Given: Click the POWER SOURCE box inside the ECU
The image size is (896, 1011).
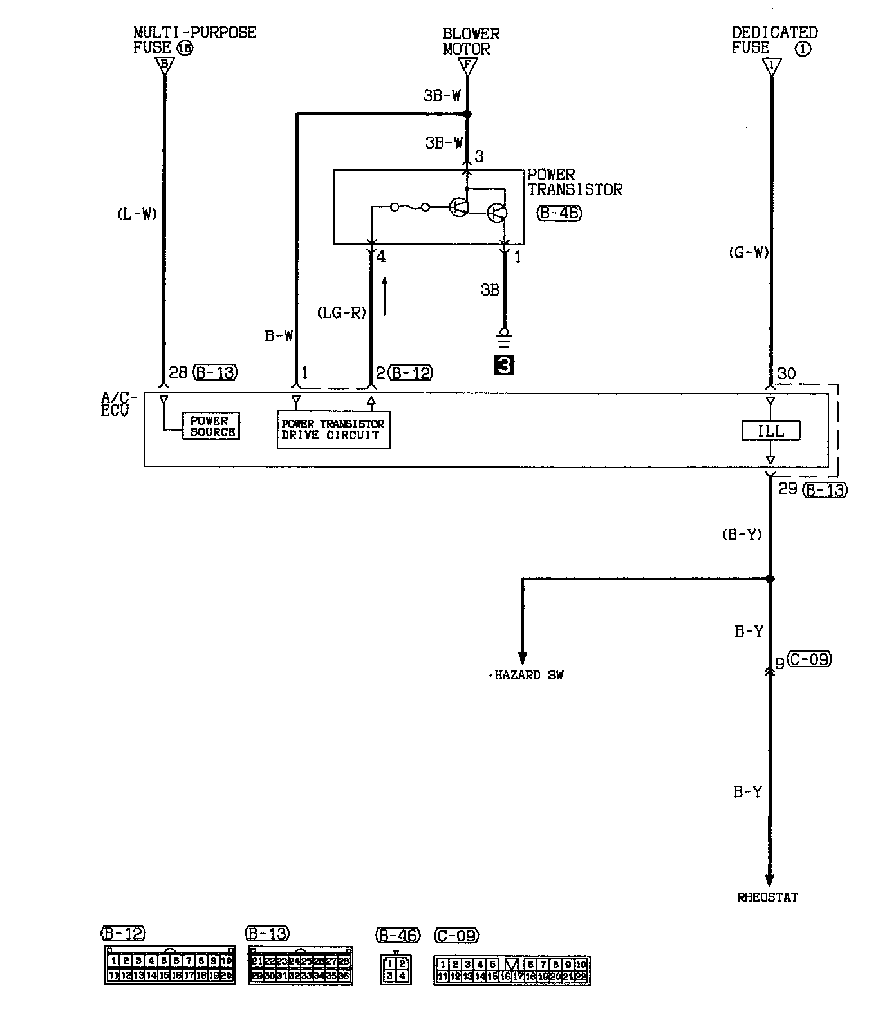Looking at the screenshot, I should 212,426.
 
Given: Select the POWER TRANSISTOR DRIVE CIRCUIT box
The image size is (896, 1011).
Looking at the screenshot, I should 333,430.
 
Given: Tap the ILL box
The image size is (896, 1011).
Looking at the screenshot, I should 770,431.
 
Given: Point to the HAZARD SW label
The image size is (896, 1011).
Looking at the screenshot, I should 527,676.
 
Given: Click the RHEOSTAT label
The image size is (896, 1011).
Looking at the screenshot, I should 767,897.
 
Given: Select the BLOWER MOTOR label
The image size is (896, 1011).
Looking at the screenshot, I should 471,41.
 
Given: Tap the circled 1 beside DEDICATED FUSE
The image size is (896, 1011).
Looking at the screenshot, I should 803,48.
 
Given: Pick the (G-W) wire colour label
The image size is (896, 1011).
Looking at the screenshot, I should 749,253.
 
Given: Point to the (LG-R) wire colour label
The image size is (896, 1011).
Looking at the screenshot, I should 342,313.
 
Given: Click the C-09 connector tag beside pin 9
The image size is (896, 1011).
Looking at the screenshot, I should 808,659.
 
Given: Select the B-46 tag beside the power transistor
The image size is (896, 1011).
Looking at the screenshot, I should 558,213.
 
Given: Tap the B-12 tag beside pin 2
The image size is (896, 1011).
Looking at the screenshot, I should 411,372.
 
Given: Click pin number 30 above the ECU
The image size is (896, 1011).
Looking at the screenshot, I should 786,373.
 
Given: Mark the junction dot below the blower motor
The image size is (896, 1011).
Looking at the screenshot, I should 468,114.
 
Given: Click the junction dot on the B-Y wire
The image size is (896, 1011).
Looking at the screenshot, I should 770,579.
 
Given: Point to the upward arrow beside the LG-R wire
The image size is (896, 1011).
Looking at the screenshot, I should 384,296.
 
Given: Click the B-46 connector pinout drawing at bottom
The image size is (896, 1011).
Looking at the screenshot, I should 396,970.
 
